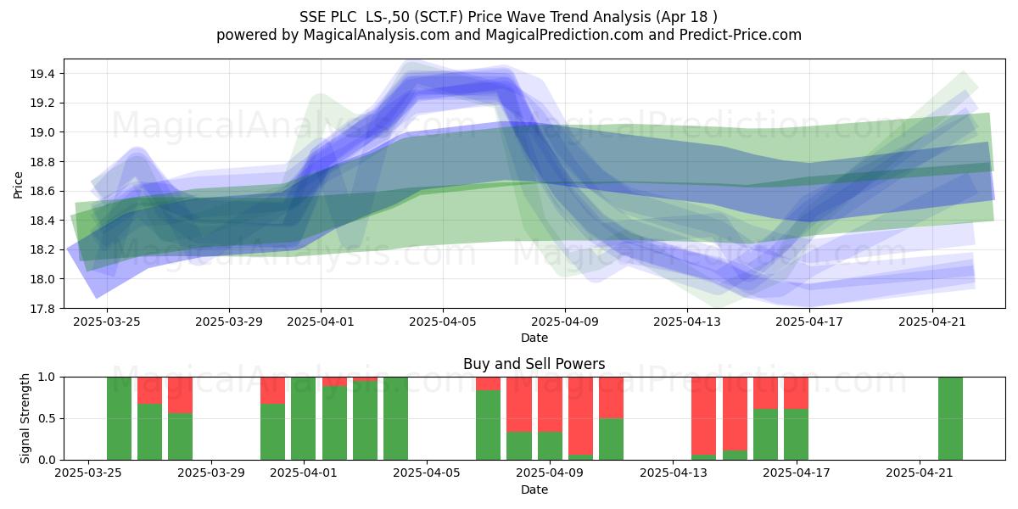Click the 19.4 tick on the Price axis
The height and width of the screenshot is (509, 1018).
click(42, 74)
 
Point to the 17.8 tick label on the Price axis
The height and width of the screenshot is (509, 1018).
click(42, 309)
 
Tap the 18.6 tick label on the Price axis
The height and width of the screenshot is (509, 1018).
click(42, 192)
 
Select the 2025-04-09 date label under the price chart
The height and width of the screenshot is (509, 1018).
click(565, 322)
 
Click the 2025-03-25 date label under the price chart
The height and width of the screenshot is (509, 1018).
click(107, 322)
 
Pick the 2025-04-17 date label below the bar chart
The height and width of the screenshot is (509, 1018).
click(797, 473)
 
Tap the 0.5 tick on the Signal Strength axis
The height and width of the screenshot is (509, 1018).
click(48, 418)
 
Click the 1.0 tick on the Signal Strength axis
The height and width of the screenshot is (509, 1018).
click(48, 378)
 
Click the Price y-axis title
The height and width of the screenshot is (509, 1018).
click(18, 185)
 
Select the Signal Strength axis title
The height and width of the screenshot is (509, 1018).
click(25, 418)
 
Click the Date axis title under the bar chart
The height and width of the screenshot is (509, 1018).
click(534, 489)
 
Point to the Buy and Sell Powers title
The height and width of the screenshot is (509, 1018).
click(534, 364)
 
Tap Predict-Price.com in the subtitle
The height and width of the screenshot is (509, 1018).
click(741, 35)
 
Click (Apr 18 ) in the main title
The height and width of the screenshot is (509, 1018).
click(686, 17)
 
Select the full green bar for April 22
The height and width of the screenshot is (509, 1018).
click(950, 418)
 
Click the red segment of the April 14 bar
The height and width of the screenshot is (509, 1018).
click(703, 416)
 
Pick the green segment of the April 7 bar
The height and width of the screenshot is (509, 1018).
click(488, 425)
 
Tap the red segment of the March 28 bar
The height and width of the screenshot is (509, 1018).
click(180, 395)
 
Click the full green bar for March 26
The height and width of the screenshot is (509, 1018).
click(119, 418)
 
